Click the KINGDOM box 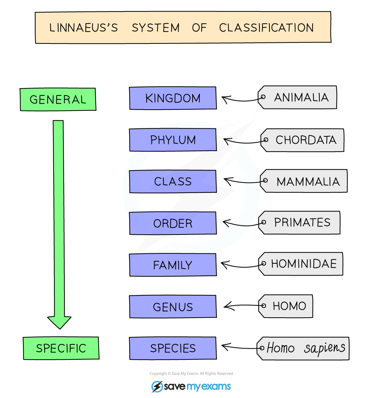(173, 98)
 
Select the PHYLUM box (173, 140)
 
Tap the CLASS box (173, 182)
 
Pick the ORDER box (173, 223)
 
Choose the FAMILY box (173, 265)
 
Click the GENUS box (173, 307)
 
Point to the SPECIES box (173, 348)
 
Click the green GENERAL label (58, 99)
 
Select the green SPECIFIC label (61, 348)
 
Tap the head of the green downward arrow (59, 322)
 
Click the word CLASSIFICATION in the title (266, 28)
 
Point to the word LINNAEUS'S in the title (84, 28)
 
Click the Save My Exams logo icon (157, 387)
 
